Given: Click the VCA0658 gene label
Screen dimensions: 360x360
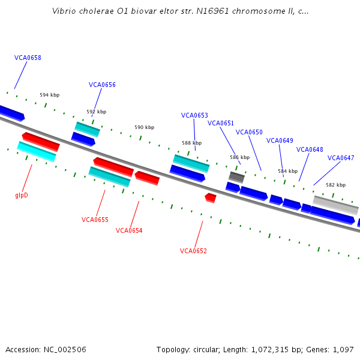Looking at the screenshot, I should (x=28, y=58).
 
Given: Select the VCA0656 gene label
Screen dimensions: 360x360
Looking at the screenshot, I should (x=102, y=85).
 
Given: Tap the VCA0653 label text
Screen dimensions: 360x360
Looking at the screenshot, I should (x=194, y=116).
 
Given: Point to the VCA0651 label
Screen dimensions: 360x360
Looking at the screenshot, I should (x=221, y=124).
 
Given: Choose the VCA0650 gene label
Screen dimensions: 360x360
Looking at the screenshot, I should (x=249, y=133).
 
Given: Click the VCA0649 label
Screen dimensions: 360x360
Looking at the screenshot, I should (x=280, y=141).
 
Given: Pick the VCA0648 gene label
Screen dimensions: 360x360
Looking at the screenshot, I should (x=310, y=150).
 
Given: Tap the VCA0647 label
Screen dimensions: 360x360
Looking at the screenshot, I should (x=341, y=158).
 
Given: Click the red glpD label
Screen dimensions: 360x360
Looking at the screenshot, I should (x=22, y=196).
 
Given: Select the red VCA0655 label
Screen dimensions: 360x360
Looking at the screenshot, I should (x=95, y=220).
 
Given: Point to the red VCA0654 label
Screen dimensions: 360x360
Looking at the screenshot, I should (x=129, y=231).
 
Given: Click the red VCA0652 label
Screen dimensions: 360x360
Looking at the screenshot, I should (x=193, y=251).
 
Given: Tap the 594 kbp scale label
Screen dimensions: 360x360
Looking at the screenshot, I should (x=50, y=95).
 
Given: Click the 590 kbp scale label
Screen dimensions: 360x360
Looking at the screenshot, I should (x=144, y=128).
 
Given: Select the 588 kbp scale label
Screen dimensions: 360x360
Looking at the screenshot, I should (x=192, y=143).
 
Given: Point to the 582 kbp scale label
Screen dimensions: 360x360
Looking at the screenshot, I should (x=335, y=185).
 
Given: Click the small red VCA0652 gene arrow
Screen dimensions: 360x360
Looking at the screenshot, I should (x=210, y=197).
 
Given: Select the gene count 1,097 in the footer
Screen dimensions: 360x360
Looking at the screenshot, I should (x=343, y=350).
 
